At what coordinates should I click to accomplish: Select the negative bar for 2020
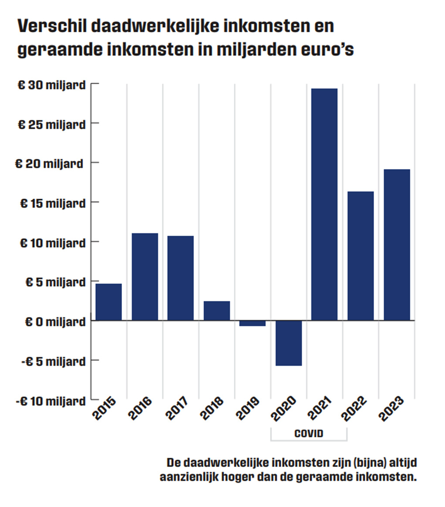pos(289,343)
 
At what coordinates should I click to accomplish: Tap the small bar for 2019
pos(253,323)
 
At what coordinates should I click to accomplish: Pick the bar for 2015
pos(109,302)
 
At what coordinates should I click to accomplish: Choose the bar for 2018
pos(217,310)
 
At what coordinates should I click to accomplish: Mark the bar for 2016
pos(145,276)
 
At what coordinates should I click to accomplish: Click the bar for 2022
pos(361,255)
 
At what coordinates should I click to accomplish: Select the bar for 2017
pos(181,278)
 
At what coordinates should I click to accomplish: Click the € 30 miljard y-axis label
pos(51,85)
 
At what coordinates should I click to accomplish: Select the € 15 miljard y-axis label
pos(52,204)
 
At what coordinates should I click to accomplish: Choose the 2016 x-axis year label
pos(140,408)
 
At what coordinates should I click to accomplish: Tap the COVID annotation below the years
pos(309,434)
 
